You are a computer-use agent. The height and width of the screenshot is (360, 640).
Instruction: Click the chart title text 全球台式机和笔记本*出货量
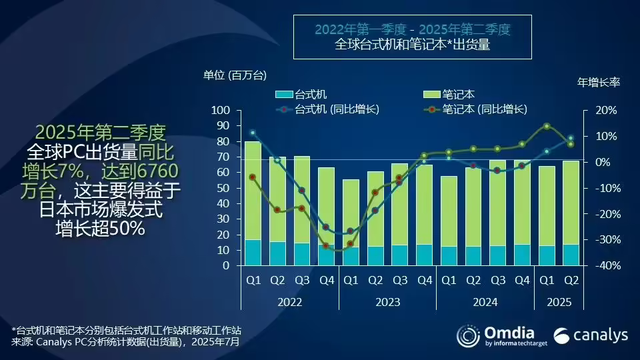click(x=417, y=45)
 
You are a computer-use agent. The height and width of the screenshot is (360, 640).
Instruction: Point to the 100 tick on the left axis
click(x=222, y=111)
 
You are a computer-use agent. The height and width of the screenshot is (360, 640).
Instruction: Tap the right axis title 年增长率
click(x=598, y=77)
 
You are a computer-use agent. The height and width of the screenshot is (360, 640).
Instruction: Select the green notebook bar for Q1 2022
click(x=253, y=190)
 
